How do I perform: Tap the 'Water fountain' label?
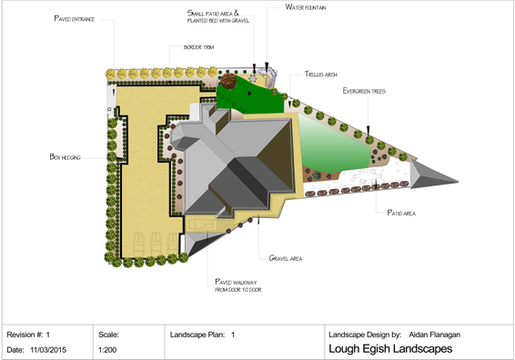point(307,6)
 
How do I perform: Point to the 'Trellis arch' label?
point(309,76)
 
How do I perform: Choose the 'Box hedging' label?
point(66,156)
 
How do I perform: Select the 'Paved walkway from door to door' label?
point(237,285)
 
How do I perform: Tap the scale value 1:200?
point(108,348)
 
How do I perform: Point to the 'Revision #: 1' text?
point(34,334)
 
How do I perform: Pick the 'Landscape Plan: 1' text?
point(203,334)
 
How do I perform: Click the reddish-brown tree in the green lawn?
point(227,81)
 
